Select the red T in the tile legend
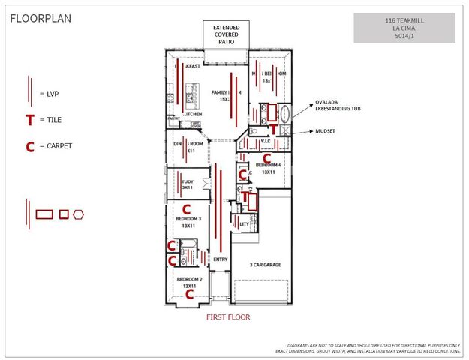29,120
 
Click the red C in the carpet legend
29,146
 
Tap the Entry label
220,259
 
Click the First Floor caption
228,317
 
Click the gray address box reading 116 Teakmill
404,28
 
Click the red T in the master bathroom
275,128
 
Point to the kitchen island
191,96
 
